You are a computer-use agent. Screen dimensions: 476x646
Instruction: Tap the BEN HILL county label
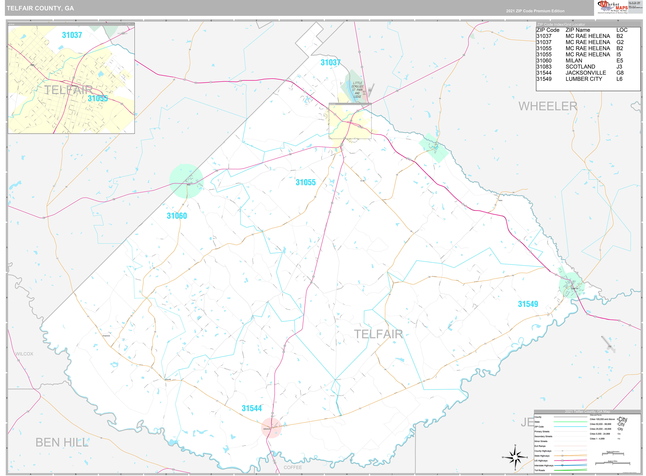pos(62,442)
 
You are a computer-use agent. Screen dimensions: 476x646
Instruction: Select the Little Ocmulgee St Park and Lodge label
pos(357,90)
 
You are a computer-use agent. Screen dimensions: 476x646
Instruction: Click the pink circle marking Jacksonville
pos(271,428)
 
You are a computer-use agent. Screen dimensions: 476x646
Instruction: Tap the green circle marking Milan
pos(186,181)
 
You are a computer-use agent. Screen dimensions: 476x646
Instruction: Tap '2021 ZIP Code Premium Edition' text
pos(535,11)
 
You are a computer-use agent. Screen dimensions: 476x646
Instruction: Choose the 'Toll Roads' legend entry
pos(540,470)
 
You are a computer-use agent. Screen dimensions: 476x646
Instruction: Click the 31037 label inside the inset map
pos(72,35)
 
